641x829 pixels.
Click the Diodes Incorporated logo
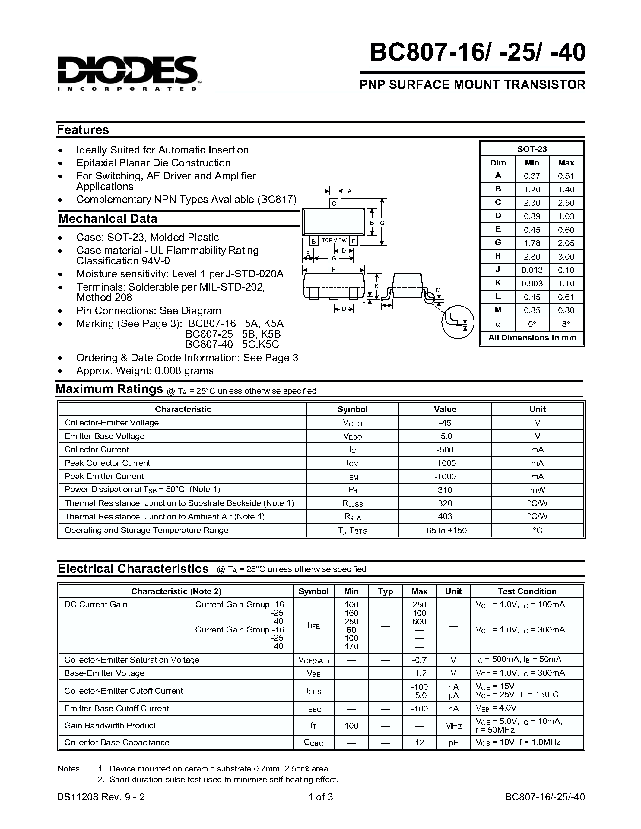pyautogui.click(x=128, y=73)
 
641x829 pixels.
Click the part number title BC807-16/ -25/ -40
pyautogui.click(x=477, y=52)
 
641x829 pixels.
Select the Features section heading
pyautogui.click(x=83, y=130)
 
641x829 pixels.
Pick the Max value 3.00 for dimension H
pyautogui.click(x=566, y=257)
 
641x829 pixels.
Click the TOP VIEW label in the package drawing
pyautogui.click(x=334, y=240)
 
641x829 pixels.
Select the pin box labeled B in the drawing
pyautogui.click(x=314, y=241)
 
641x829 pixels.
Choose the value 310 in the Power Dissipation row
pyautogui.click(x=445, y=490)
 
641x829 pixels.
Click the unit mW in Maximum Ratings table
pyautogui.click(x=537, y=490)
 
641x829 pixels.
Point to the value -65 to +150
pyautogui.click(x=445, y=530)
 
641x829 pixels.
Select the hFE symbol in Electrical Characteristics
pyautogui.click(x=313, y=626)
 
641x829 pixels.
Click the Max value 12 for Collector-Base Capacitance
pyautogui.click(x=419, y=742)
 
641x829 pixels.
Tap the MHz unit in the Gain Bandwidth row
pyautogui.click(x=453, y=726)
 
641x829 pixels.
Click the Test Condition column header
pyautogui.click(x=527, y=591)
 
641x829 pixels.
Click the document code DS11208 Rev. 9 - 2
pyautogui.click(x=101, y=797)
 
